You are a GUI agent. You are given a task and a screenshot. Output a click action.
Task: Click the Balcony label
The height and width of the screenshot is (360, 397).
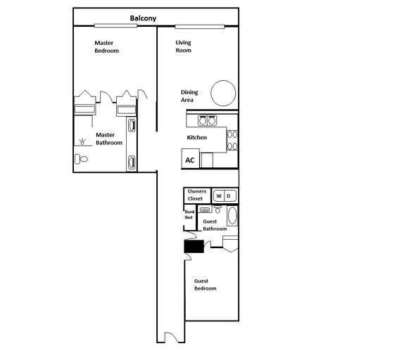point(143,18)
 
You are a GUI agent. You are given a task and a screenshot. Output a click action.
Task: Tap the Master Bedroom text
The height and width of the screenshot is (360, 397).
point(107,47)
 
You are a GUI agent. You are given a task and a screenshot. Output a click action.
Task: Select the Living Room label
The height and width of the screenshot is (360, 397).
point(184,46)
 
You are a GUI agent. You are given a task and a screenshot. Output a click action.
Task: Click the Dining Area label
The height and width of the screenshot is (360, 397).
point(189,96)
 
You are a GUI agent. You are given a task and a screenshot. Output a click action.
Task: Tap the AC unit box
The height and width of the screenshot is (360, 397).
point(189,160)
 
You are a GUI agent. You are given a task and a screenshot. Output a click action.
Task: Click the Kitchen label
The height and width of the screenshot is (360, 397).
point(196,137)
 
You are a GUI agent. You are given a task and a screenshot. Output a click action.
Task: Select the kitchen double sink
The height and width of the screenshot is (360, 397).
point(207,120)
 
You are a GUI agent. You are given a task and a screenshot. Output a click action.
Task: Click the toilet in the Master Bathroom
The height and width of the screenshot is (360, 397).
point(82,159)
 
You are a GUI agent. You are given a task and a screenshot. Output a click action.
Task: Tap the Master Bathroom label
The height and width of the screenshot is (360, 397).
point(108,139)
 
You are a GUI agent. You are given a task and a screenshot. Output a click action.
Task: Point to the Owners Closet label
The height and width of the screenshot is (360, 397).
point(196,195)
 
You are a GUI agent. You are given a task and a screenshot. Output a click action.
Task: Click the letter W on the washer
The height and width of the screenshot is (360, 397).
point(219,195)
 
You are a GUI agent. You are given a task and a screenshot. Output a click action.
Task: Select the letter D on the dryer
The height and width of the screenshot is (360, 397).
point(229,195)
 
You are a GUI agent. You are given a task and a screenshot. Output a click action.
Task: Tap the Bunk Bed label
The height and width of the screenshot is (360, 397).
point(189,214)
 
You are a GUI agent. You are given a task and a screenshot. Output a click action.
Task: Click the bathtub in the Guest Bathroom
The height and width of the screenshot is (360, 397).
point(232,215)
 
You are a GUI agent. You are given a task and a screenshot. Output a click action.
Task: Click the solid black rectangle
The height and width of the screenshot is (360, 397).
point(194,245)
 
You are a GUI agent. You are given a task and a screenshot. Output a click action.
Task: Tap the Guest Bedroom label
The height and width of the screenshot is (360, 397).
point(205,285)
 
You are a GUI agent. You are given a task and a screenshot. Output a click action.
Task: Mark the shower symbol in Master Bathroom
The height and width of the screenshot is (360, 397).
point(84,141)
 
